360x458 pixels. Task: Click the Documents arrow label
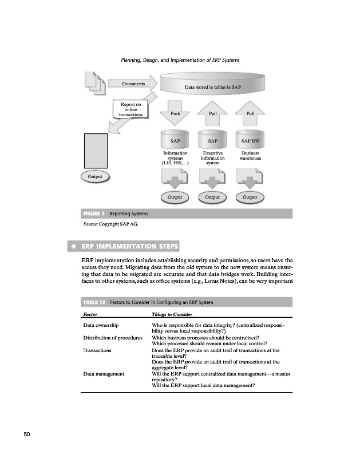click(x=133, y=84)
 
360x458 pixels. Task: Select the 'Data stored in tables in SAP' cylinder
click(x=212, y=86)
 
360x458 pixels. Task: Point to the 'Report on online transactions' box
click(x=131, y=109)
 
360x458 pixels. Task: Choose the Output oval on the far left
click(x=95, y=176)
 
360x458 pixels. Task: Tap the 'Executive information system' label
click(x=212, y=158)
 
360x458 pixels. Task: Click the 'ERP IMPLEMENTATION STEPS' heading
click(x=129, y=247)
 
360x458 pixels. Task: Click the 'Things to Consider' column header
click(x=171, y=315)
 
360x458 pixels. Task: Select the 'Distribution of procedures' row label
click(x=113, y=337)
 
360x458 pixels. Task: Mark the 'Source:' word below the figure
click(x=90, y=224)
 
